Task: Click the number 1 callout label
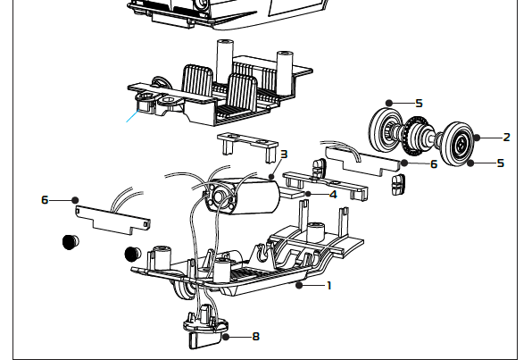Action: [329, 286]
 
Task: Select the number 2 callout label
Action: [507, 137]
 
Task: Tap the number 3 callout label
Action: [283, 154]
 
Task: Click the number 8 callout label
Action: [256, 337]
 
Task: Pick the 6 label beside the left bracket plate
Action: [45, 200]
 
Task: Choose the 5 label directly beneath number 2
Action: [501, 163]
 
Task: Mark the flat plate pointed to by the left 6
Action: [112, 218]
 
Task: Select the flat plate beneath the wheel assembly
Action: [364, 161]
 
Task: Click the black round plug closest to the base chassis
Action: [132, 252]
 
